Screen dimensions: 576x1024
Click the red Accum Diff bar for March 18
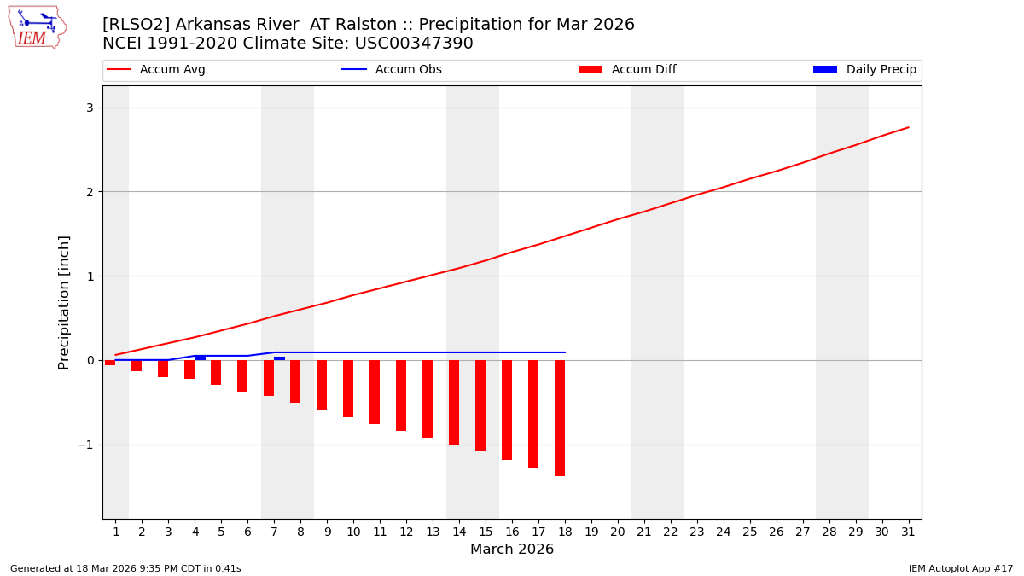560,417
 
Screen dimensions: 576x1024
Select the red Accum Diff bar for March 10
348,388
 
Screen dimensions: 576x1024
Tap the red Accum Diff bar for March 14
454,402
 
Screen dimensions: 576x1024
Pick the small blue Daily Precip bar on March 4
200,358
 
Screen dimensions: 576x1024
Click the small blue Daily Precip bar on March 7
279,358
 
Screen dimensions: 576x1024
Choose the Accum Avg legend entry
156,70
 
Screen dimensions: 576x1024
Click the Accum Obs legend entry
392,70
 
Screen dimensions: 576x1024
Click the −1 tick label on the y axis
85,445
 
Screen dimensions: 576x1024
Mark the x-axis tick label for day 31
908,532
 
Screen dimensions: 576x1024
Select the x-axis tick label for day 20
617,532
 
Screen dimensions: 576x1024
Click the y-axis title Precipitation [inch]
64,302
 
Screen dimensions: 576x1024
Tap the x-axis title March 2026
512,550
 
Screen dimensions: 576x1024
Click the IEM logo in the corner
37,27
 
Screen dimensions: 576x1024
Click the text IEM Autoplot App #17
960,568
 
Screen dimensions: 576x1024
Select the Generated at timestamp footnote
125,568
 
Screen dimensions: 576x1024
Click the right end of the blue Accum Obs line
565,352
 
